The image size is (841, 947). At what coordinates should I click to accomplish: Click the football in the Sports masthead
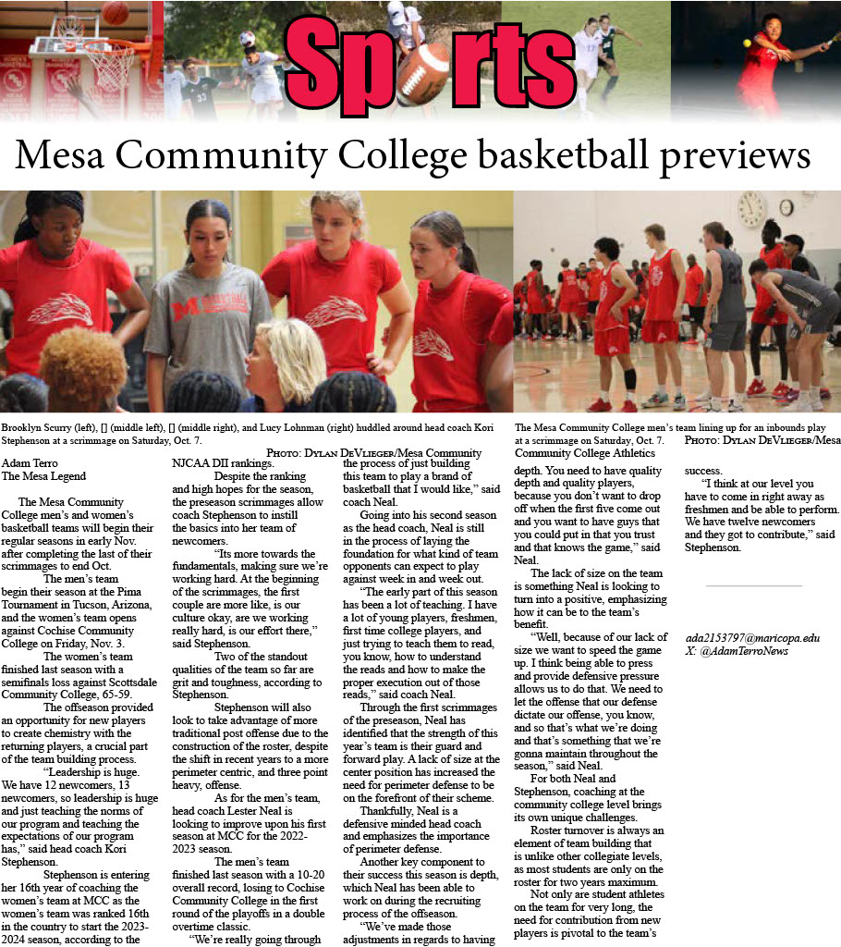[x=422, y=74]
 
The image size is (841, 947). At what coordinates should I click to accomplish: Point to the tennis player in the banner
[x=767, y=65]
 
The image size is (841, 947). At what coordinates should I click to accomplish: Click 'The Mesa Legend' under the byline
[x=43, y=476]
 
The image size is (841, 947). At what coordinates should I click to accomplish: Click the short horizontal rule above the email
[x=752, y=585]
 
